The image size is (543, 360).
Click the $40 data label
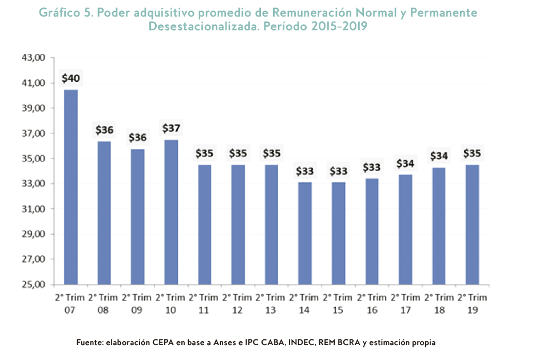[x=71, y=78]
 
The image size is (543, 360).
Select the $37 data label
[x=171, y=128]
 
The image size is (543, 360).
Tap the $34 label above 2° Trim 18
[x=438, y=156]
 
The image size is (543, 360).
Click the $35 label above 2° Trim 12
[x=237, y=153]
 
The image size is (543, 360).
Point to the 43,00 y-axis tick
[x=33, y=58]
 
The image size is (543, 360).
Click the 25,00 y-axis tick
[x=33, y=284]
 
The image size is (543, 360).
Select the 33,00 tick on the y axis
[x=33, y=184]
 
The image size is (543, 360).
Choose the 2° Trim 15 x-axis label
[x=338, y=303]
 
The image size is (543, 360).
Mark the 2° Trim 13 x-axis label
[x=271, y=303]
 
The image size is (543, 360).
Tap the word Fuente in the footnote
[x=90, y=342]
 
